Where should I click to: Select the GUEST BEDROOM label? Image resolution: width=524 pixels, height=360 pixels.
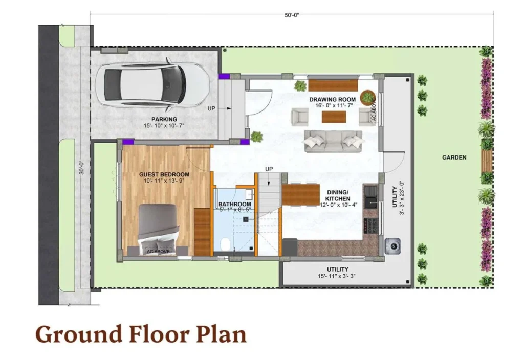164,174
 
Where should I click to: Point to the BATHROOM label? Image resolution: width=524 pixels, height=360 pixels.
234,204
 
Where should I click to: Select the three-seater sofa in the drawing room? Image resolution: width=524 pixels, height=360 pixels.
334,141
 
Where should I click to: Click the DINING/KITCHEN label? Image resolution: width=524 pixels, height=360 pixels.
338,195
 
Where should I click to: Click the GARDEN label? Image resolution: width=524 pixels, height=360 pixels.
454,157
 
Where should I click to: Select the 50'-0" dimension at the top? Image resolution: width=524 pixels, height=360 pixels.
292,15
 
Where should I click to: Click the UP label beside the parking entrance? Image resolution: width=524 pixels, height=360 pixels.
211,108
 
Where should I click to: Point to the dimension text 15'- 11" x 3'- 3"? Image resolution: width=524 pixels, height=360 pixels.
337,276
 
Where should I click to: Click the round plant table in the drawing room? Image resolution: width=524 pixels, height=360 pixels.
367,97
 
